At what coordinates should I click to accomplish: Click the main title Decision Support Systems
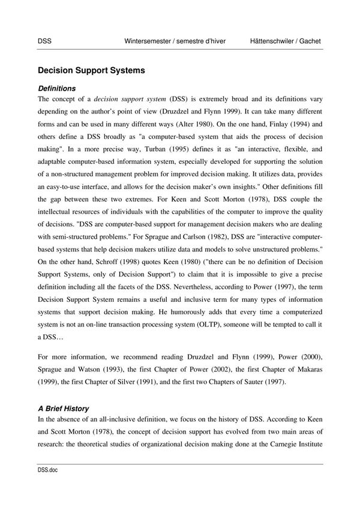(x=91, y=70)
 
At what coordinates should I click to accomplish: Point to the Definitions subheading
(x=56, y=88)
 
